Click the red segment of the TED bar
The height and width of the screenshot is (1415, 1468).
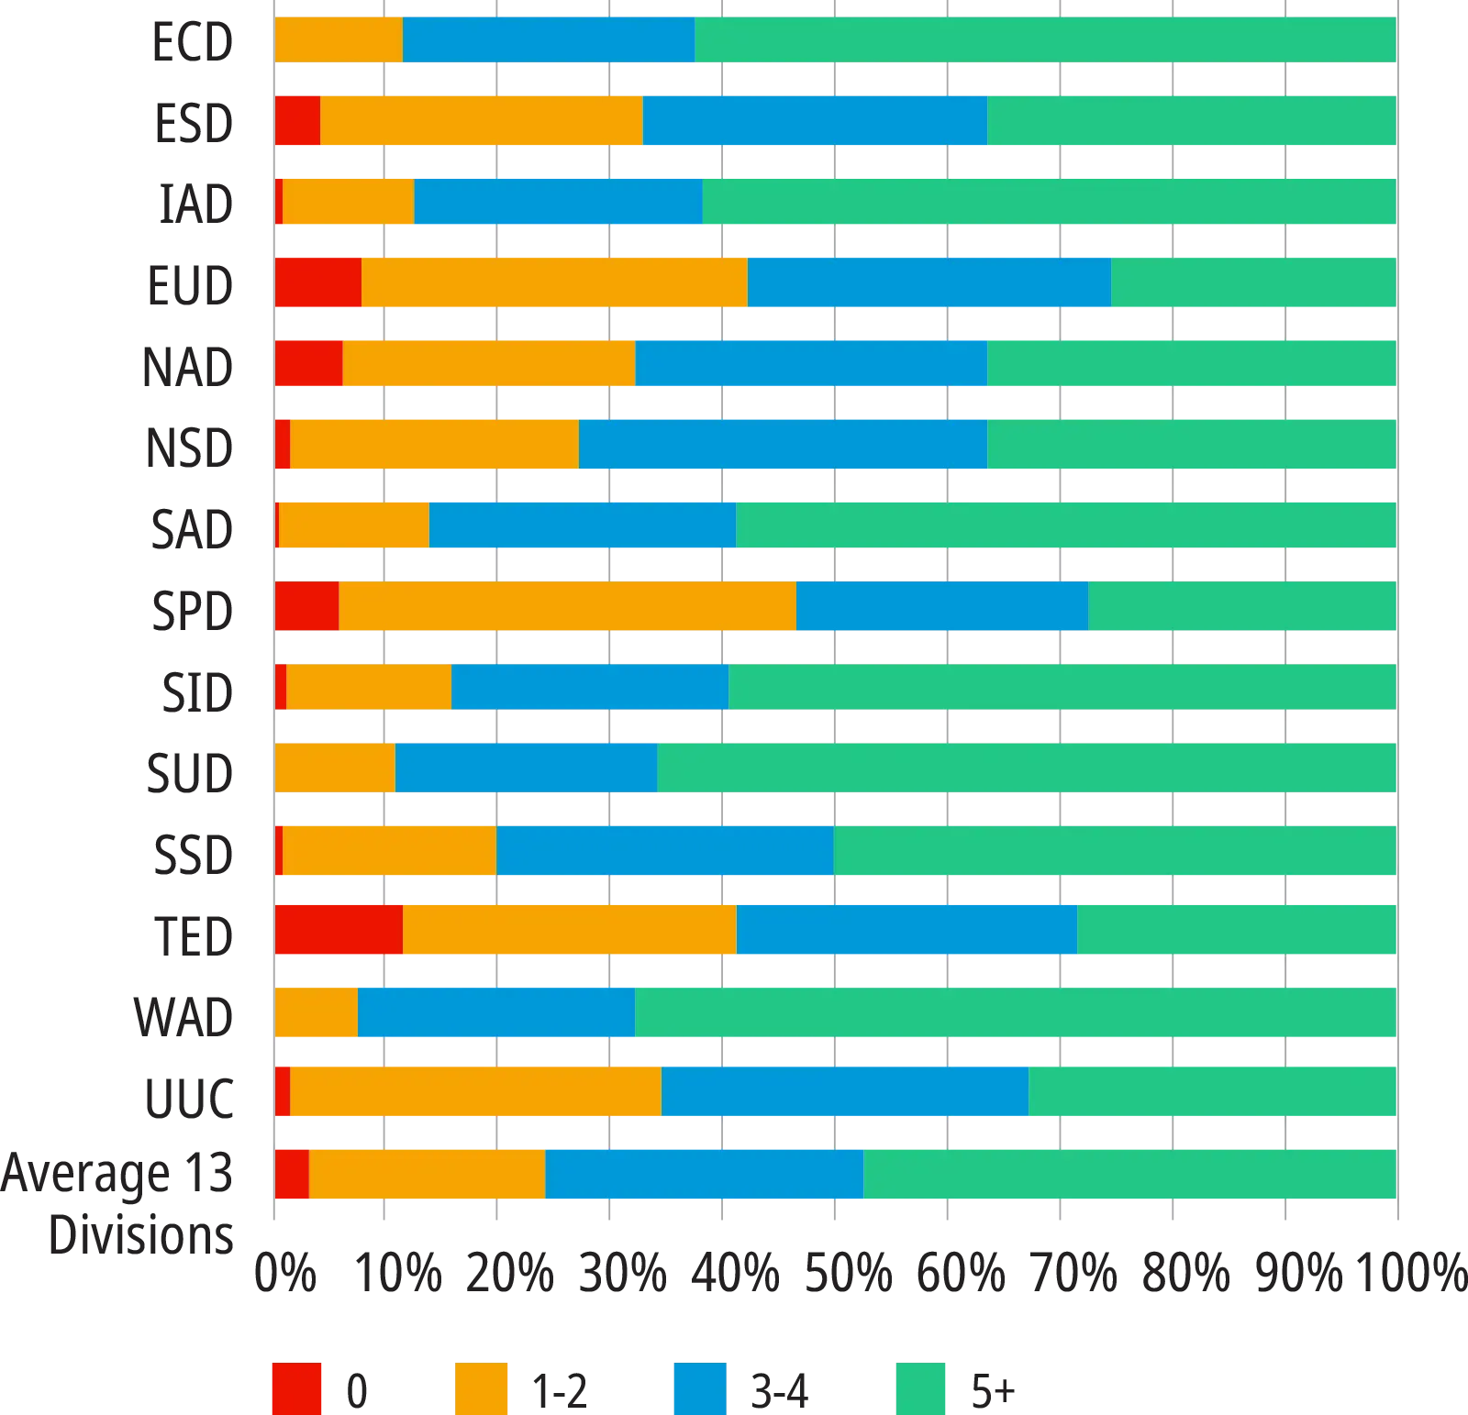click(x=339, y=930)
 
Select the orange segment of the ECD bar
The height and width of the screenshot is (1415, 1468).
click(x=339, y=39)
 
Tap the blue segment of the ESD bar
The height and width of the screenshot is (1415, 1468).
click(x=815, y=121)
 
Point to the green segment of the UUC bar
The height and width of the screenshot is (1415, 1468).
click(x=1212, y=1092)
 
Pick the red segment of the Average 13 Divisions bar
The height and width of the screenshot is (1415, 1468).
click(x=292, y=1174)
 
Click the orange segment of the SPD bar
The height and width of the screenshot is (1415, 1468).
click(x=567, y=606)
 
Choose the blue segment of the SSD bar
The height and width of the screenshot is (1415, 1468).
click(x=664, y=850)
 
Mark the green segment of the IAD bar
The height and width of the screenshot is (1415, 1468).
click(x=1049, y=202)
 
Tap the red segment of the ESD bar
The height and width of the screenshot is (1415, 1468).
click(x=297, y=121)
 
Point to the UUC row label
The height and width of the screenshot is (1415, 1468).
click(x=191, y=1096)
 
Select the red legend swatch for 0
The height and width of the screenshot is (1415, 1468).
click(x=297, y=1387)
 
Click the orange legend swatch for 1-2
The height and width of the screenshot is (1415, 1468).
click(x=481, y=1387)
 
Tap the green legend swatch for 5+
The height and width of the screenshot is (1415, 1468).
click(x=920, y=1387)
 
